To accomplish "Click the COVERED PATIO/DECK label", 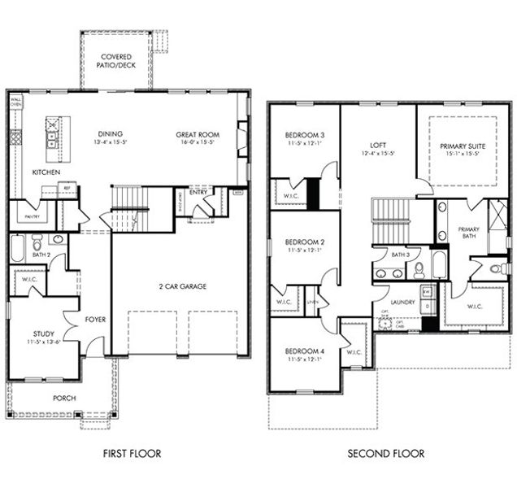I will (115, 60).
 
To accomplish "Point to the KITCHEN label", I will (46, 172).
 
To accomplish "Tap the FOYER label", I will (96, 320).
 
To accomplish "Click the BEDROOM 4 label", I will (305, 351).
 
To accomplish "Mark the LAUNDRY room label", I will (403, 303).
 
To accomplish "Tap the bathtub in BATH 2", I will (19, 248).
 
